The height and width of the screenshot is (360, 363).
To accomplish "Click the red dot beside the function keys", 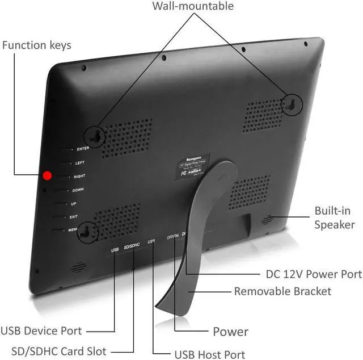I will pos(48,175).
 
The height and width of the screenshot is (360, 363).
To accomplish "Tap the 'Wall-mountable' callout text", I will pos(193,7).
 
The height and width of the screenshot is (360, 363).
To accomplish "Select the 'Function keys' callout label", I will pos(37,45).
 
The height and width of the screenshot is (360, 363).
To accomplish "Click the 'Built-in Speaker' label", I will pos(335,217).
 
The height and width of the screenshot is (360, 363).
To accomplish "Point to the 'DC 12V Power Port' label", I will pos(314,274).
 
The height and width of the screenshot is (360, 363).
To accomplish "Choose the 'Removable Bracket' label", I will pos(282,291).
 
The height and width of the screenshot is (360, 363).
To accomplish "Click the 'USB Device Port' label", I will pos(41,330).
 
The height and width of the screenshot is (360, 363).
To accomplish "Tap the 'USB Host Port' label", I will pos(209,354).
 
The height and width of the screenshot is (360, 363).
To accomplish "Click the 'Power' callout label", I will pos(230,332).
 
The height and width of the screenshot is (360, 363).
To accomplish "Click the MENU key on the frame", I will pos(58,230).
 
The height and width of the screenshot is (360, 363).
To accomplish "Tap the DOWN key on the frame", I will pos(62,190).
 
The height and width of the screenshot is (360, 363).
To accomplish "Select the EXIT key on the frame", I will pos(60,216).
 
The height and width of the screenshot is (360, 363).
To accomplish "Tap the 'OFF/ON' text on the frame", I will pos(172,236).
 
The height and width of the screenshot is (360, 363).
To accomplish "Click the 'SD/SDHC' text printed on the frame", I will pos(132,245).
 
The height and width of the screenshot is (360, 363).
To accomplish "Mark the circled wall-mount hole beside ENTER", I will pos(95,135).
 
